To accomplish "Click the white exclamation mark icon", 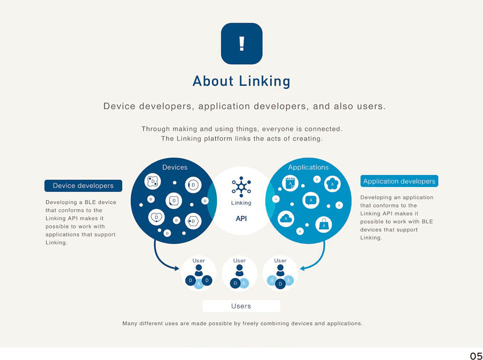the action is [242, 43].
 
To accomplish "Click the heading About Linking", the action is [241, 81].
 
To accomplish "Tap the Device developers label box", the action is [83, 186].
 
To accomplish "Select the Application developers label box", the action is [399, 181].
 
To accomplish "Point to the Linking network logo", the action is [241, 187].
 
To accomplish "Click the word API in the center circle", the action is [241, 218].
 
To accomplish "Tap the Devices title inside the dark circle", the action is [175, 167].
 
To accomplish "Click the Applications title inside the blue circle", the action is [308, 167].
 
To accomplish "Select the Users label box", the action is [241, 306].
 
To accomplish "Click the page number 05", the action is [476, 356].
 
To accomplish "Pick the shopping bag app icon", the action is [324, 224].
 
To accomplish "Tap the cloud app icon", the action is [286, 218].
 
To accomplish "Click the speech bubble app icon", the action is [311, 201].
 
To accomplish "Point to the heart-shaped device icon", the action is [156, 217].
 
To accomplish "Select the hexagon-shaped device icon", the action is [193, 221].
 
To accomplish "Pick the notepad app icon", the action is [290, 184].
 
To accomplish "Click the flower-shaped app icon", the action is [332, 184].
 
